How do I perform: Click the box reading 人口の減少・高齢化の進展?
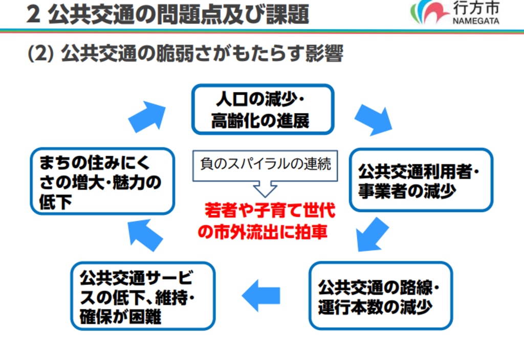pos(263,109)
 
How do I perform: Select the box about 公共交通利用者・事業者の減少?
pos(421,180)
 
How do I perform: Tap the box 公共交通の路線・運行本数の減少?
pos(381,296)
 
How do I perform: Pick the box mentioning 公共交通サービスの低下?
pos(143,296)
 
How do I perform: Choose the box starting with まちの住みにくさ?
pos(102,181)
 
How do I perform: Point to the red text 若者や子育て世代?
pos(270,210)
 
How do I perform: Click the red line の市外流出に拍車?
pos(263,232)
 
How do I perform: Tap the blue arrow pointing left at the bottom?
pos(261,296)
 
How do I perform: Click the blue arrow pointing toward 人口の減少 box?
pos(147,117)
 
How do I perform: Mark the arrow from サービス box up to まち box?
pos(145,235)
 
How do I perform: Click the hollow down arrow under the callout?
pos(265,189)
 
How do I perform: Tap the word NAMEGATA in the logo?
pos(476,20)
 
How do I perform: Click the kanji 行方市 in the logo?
pos(476,8)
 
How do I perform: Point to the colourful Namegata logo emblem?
pos(429,12)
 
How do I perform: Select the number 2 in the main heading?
pos(33,15)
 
